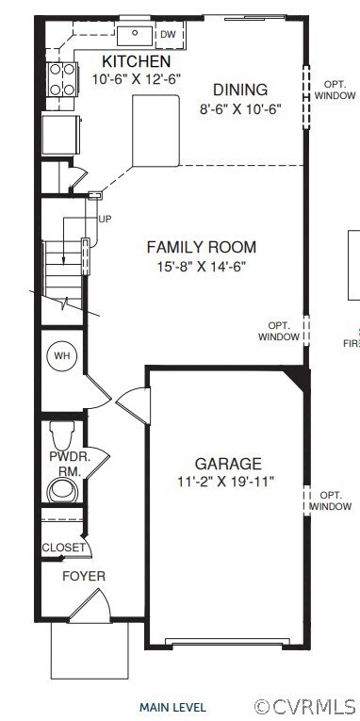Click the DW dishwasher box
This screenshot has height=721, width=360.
click(x=168, y=35)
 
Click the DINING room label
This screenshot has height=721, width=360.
click(x=239, y=90)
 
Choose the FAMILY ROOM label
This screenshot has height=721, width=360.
click(x=201, y=248)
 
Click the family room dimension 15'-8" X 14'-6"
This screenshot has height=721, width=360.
click(x=202, y=267)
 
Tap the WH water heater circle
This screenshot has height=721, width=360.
click(x=62, y=355)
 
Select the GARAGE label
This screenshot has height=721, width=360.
click(x=228, y=464)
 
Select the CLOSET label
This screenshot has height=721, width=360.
click(x=63, y=548)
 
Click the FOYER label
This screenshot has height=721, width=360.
click(x=84, y=576)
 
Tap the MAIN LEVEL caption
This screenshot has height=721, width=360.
click(x=172, y=707)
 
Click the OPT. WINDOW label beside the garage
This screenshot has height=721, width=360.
click(x=331, y=500)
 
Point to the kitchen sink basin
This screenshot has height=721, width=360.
click(x=134, y=35)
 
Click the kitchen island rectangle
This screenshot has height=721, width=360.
click(x=155, y=129)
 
